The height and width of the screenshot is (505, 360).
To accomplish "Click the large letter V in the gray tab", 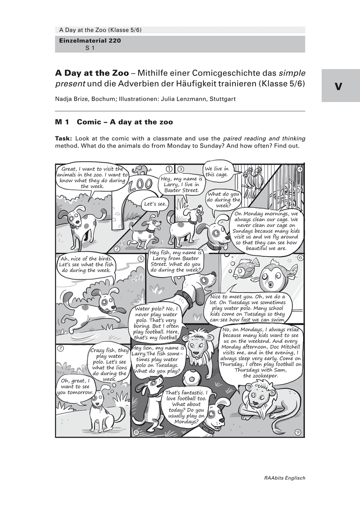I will [339, 87].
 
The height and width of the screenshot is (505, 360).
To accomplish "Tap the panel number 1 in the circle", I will [169, 168].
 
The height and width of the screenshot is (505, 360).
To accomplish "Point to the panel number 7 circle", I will [61, 348].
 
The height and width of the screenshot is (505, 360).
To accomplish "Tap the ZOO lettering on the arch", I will [141, 186].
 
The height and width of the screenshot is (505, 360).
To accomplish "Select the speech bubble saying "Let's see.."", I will [155, 205].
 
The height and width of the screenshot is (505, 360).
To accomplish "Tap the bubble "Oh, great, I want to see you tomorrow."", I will [75, 386].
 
